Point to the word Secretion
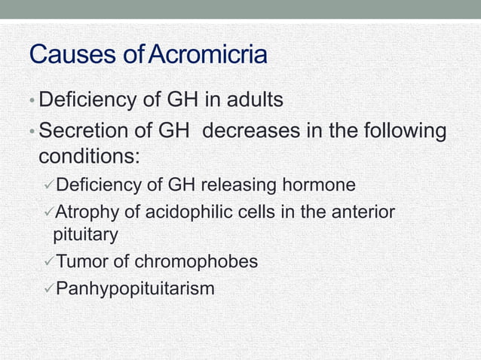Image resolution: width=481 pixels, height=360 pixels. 83,132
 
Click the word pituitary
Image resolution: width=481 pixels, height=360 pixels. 85,235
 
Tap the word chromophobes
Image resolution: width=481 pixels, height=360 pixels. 197,261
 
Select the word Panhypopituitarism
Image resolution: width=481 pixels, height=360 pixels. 135,288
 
